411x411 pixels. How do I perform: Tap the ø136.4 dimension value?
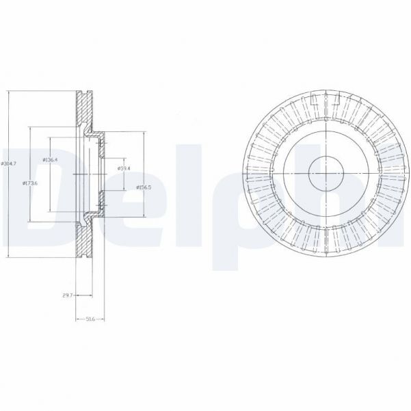[x=50, y=159]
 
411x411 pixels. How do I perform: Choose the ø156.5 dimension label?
[x=143, y=187]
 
